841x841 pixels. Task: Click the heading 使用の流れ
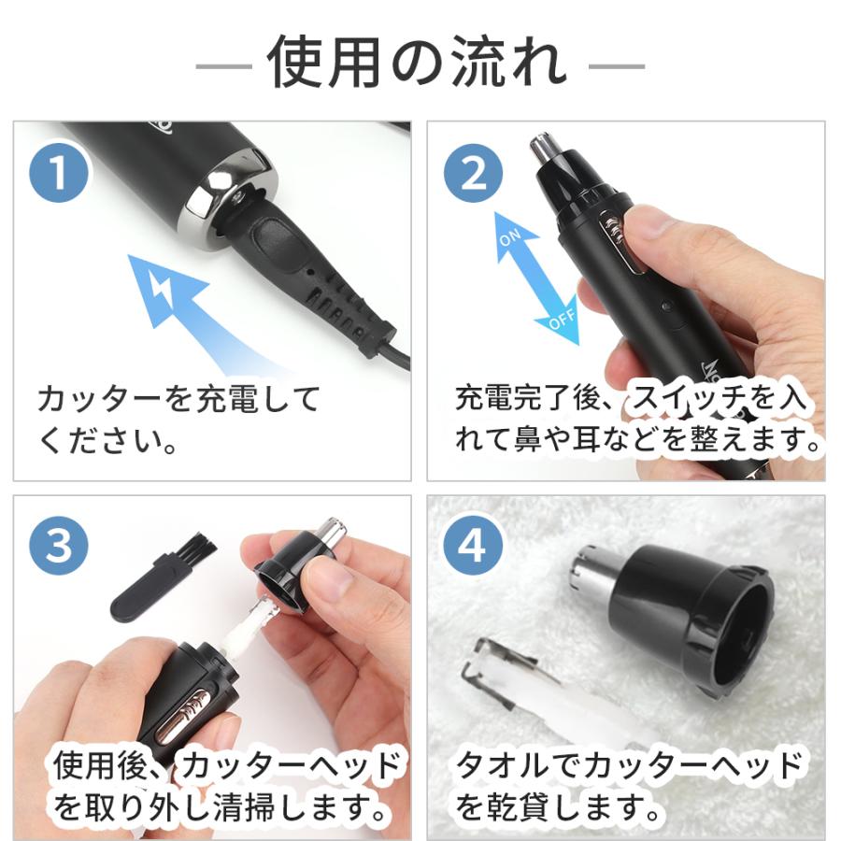click(x=419, y=64)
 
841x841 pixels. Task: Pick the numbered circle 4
click(x=473, y=546)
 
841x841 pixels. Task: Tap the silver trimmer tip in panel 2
click(x=542, y=150)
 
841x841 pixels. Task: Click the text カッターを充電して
click(x=178, y=400)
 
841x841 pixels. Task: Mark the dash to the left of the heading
click(x=223, y=66)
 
